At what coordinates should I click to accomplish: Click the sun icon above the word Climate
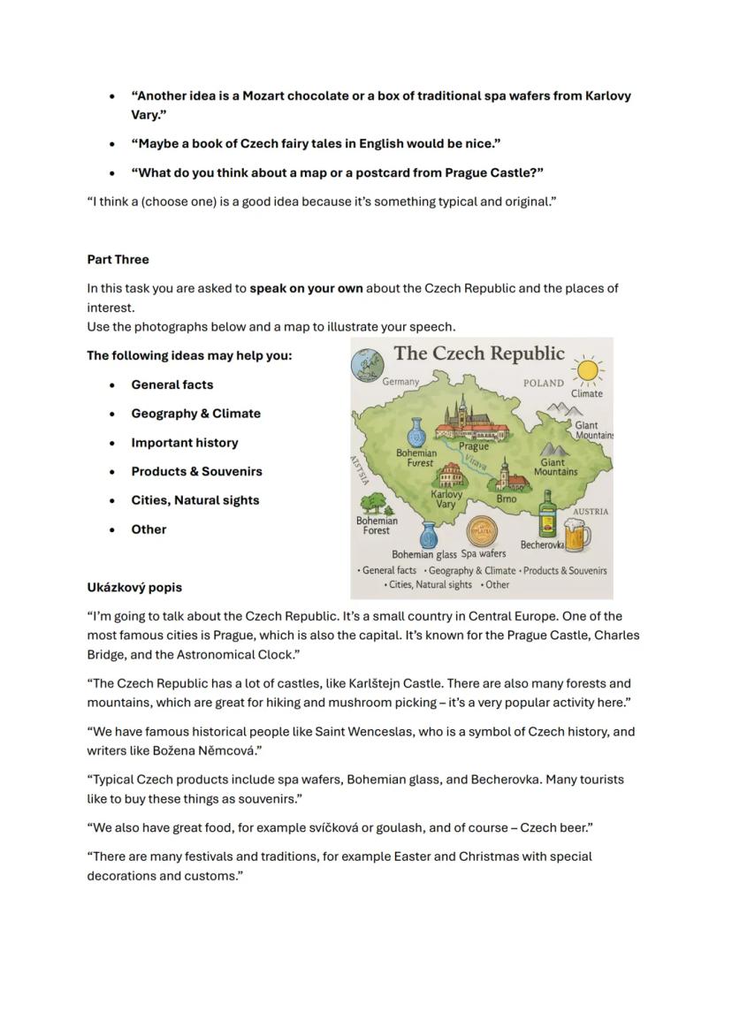[x=586, y=369]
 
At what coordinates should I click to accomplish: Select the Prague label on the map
[x=474, y=446]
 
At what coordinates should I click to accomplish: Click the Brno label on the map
[x=506, y=499]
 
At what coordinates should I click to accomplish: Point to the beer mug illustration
[x=576, y=534]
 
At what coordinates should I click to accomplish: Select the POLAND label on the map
[x=543, y=384]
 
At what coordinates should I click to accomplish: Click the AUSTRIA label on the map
[x=591, y=512]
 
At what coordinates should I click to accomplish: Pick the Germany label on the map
[x=400, y=382]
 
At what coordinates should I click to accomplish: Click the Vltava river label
[x=476, y=461]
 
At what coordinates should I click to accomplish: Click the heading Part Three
[x=118, y=260]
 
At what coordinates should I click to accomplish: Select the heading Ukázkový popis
[x=134, y=588]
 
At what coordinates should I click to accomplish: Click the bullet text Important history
[x=184, y=443]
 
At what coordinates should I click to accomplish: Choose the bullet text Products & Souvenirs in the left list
[x=196, y=472]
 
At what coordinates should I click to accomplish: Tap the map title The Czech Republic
[x=478, y=354]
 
